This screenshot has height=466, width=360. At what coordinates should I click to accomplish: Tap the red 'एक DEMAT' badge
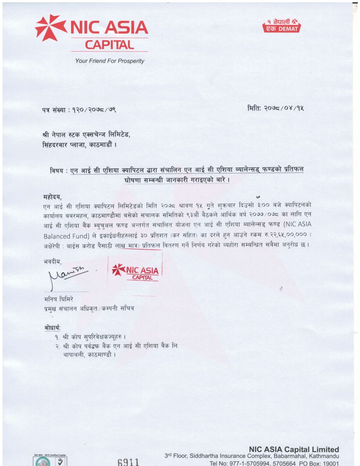pos(282,29)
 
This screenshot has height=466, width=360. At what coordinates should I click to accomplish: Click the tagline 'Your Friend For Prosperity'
pos(110,61)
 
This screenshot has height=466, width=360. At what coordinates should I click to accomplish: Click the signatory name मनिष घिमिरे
pos(59,299)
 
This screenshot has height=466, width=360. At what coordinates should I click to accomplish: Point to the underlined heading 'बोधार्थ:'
pos(52,328)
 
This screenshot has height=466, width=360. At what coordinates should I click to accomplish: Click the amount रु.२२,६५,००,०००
pos(285,234)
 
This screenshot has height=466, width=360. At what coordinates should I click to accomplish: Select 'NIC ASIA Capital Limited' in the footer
pos(294,449)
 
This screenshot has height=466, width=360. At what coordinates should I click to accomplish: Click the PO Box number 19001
pos(330,463)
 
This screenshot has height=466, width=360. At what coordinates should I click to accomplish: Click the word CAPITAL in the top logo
pos(109,45)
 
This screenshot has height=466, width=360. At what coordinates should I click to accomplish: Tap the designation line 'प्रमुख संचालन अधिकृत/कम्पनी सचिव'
pos(89,308)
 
